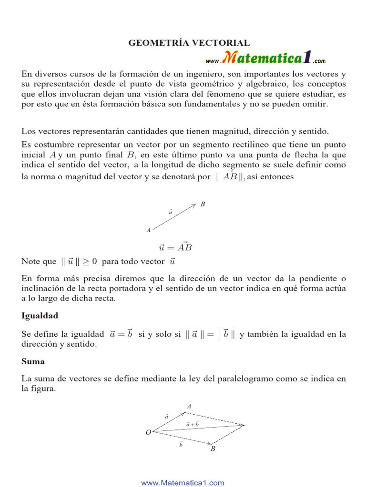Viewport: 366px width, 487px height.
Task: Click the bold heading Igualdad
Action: (x=40, y=315)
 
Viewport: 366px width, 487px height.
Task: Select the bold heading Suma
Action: (x=33, y=361)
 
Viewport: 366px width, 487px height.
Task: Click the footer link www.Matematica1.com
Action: (x=183, y=483)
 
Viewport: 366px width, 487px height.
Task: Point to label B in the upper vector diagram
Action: (x=203, y=205)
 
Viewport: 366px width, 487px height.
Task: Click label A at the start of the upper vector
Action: (x=149, y=230)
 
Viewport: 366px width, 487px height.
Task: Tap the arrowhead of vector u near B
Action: (x=193, y=205)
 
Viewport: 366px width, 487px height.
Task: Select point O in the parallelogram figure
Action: (x=148, y=432)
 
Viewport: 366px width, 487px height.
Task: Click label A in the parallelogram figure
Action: (x=189, y=407)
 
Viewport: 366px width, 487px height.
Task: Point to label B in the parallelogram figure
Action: (x=213, y=448)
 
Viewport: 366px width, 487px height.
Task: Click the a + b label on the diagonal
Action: (x=193, y=423)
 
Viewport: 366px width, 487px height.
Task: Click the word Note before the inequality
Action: (x=32, y=262)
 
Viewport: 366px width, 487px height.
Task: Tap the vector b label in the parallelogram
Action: (x=181, y=444)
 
